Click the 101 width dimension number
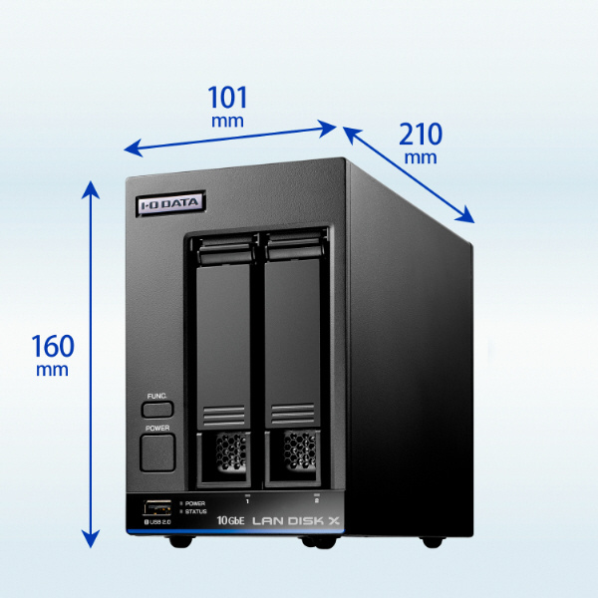[227, 98]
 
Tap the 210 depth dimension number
[421, 135]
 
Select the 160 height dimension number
[53, 346]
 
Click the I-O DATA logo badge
[170, 204]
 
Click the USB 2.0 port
[157, 508]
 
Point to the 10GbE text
[230, 520]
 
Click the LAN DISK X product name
[296, 520]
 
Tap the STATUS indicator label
[195, 512]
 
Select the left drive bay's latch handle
[225, 252]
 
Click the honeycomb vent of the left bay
[231, 451]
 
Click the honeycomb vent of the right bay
[300, 450]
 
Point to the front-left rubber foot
[180, 541]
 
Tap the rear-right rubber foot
[433, 541]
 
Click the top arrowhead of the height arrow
[91, 189]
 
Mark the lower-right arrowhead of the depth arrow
[465, 216]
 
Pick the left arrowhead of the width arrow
[134, 149]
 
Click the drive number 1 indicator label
[247, 500]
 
